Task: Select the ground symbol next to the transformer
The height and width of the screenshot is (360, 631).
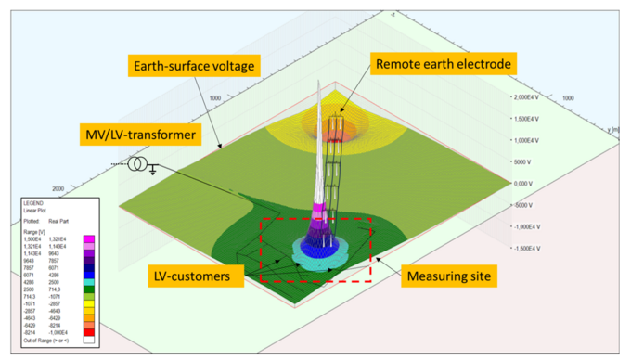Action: point(152,170)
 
